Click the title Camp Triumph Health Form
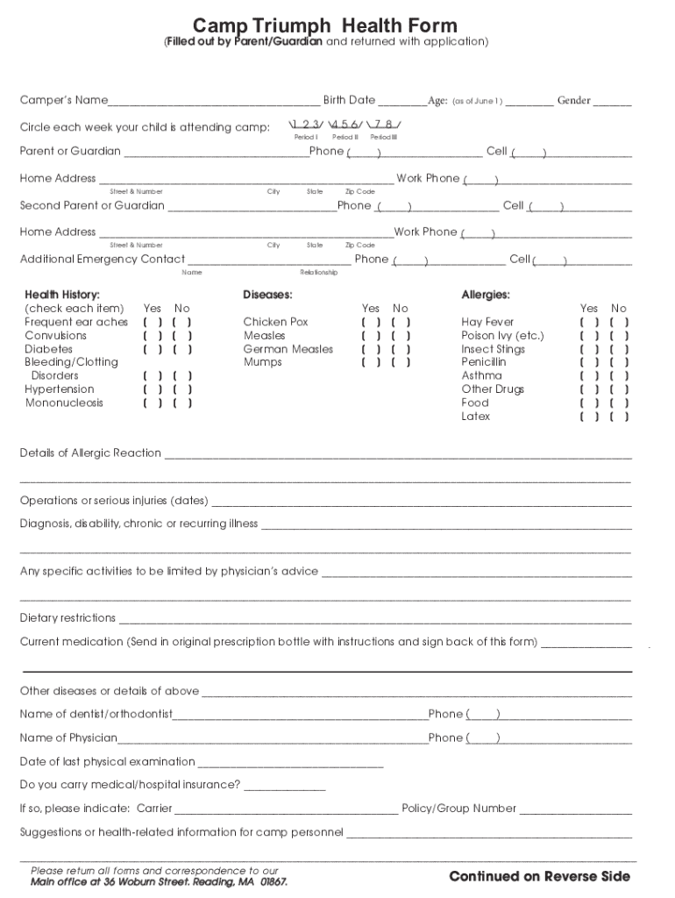click(x=325, y=25)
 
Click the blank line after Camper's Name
click(x=214, y=102)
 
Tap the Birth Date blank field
click(x=402, y=102)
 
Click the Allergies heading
click(x=486, y=295)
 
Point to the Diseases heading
click(x=267, y=295)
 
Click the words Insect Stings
click(x=493, y=349)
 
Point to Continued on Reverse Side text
click(x=539, y=876)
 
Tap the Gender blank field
click(x=612, y=102)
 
